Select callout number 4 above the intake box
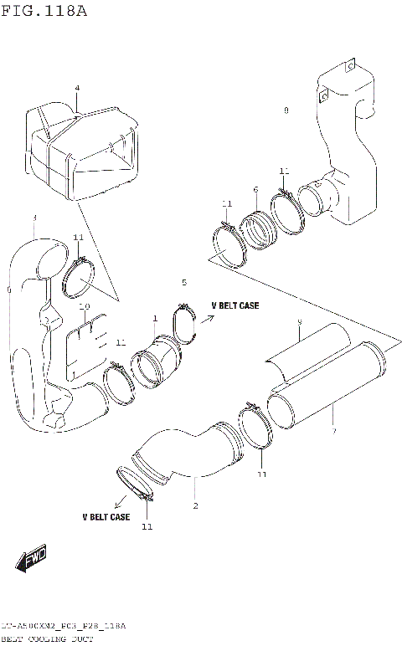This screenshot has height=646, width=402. (x=77, y=88)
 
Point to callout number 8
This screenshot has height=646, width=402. (x=286, y=110)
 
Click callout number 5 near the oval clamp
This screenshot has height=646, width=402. (x=184, y=283)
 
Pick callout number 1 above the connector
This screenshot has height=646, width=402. (x=155, y=319)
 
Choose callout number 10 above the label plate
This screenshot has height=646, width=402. (x=84, y=308)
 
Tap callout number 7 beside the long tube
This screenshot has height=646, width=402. (x=332, y=431)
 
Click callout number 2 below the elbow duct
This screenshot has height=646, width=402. (x=195, y=505)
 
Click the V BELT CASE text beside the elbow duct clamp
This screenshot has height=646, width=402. (x=106, y=517)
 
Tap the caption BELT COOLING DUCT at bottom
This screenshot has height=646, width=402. (x=47, y=638)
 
